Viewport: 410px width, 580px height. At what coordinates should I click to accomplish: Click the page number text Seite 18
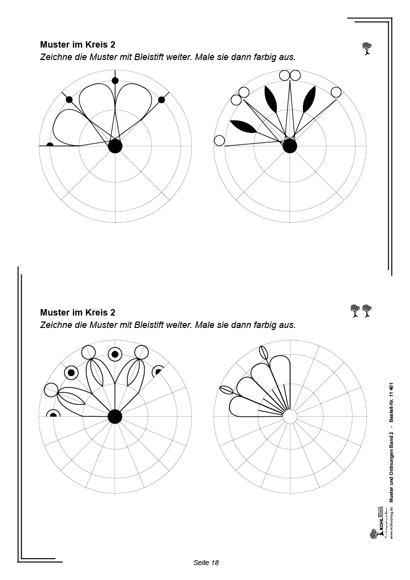(206, 563)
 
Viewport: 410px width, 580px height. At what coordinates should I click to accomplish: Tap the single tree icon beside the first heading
(367, 49)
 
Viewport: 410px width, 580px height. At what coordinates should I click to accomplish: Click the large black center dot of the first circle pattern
(115, 146)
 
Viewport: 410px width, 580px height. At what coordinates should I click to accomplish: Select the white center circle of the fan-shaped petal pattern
(290, 416)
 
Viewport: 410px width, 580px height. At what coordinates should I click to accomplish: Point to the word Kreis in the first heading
(95, 44)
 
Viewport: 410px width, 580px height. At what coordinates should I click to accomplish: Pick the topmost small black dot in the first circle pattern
(115, 80)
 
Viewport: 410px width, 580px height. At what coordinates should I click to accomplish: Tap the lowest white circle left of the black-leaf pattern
(220, 140)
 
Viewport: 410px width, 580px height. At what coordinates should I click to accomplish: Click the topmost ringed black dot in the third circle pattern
(115, 354)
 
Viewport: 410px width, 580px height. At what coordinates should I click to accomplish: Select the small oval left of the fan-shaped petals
(226, 390)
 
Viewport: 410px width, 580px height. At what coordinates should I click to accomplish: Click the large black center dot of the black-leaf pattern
(290, 146)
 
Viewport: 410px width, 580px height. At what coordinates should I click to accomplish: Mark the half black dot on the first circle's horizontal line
(50, 145)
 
